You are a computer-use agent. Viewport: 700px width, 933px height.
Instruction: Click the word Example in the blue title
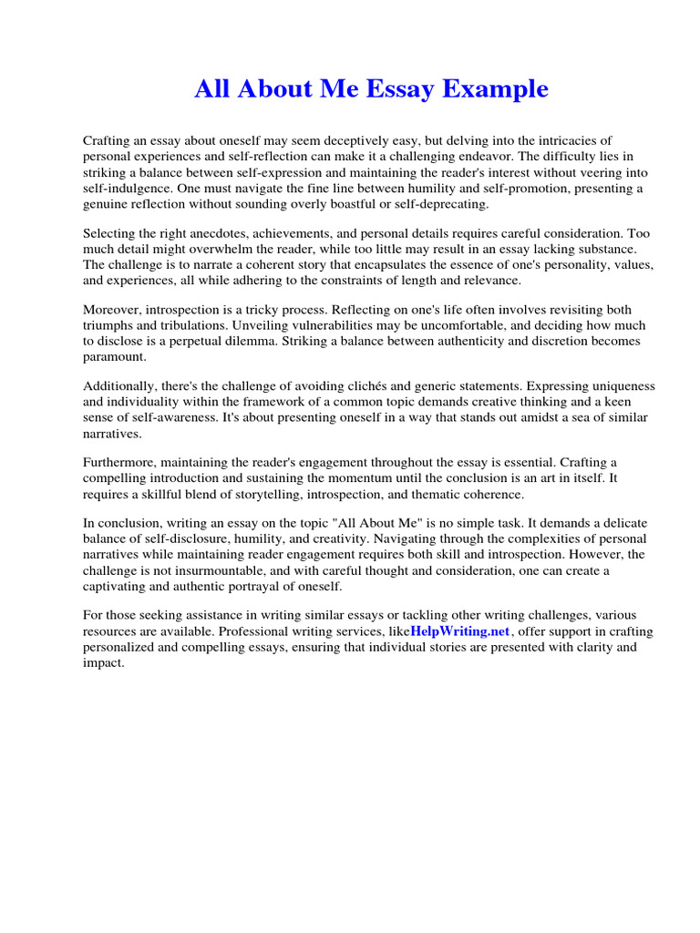(503, 89)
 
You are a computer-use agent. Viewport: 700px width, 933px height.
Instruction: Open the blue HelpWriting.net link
(461, 631)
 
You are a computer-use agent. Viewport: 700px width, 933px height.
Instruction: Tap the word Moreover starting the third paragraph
(113, 311)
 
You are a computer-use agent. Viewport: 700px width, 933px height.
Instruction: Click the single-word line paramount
(113, 357)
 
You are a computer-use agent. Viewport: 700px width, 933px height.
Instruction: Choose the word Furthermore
(119, 464)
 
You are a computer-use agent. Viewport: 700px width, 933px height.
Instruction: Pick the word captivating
(114, 586)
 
